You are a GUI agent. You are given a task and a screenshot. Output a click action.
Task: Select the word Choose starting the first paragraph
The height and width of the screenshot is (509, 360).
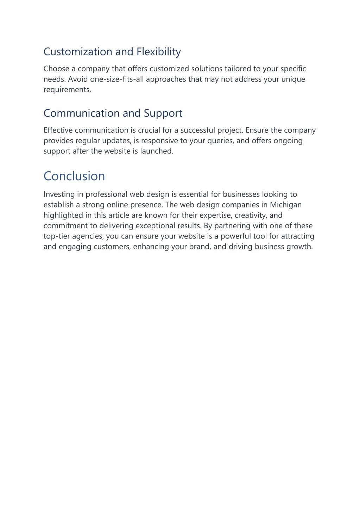pyautogui.click(x=56, y=69)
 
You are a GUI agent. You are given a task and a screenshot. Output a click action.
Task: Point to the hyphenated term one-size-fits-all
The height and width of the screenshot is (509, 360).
pyautogui.click(x=117, y=79)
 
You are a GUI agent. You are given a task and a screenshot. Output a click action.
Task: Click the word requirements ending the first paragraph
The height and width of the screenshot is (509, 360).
pyautogui.click(x=67, y=90)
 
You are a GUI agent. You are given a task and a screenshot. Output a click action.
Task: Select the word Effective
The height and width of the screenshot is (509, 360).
pyautogui.click(x=58, y=130)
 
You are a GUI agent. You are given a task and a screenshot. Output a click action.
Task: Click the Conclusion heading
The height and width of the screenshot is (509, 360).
pyautogui.click(x=74, y=176)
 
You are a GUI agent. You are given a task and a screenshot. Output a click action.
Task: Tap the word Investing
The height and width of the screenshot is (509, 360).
pyautogui.click(x=59, y=194)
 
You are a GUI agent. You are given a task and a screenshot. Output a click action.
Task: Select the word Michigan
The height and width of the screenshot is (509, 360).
pyautogui.click(x=285, y=205)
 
